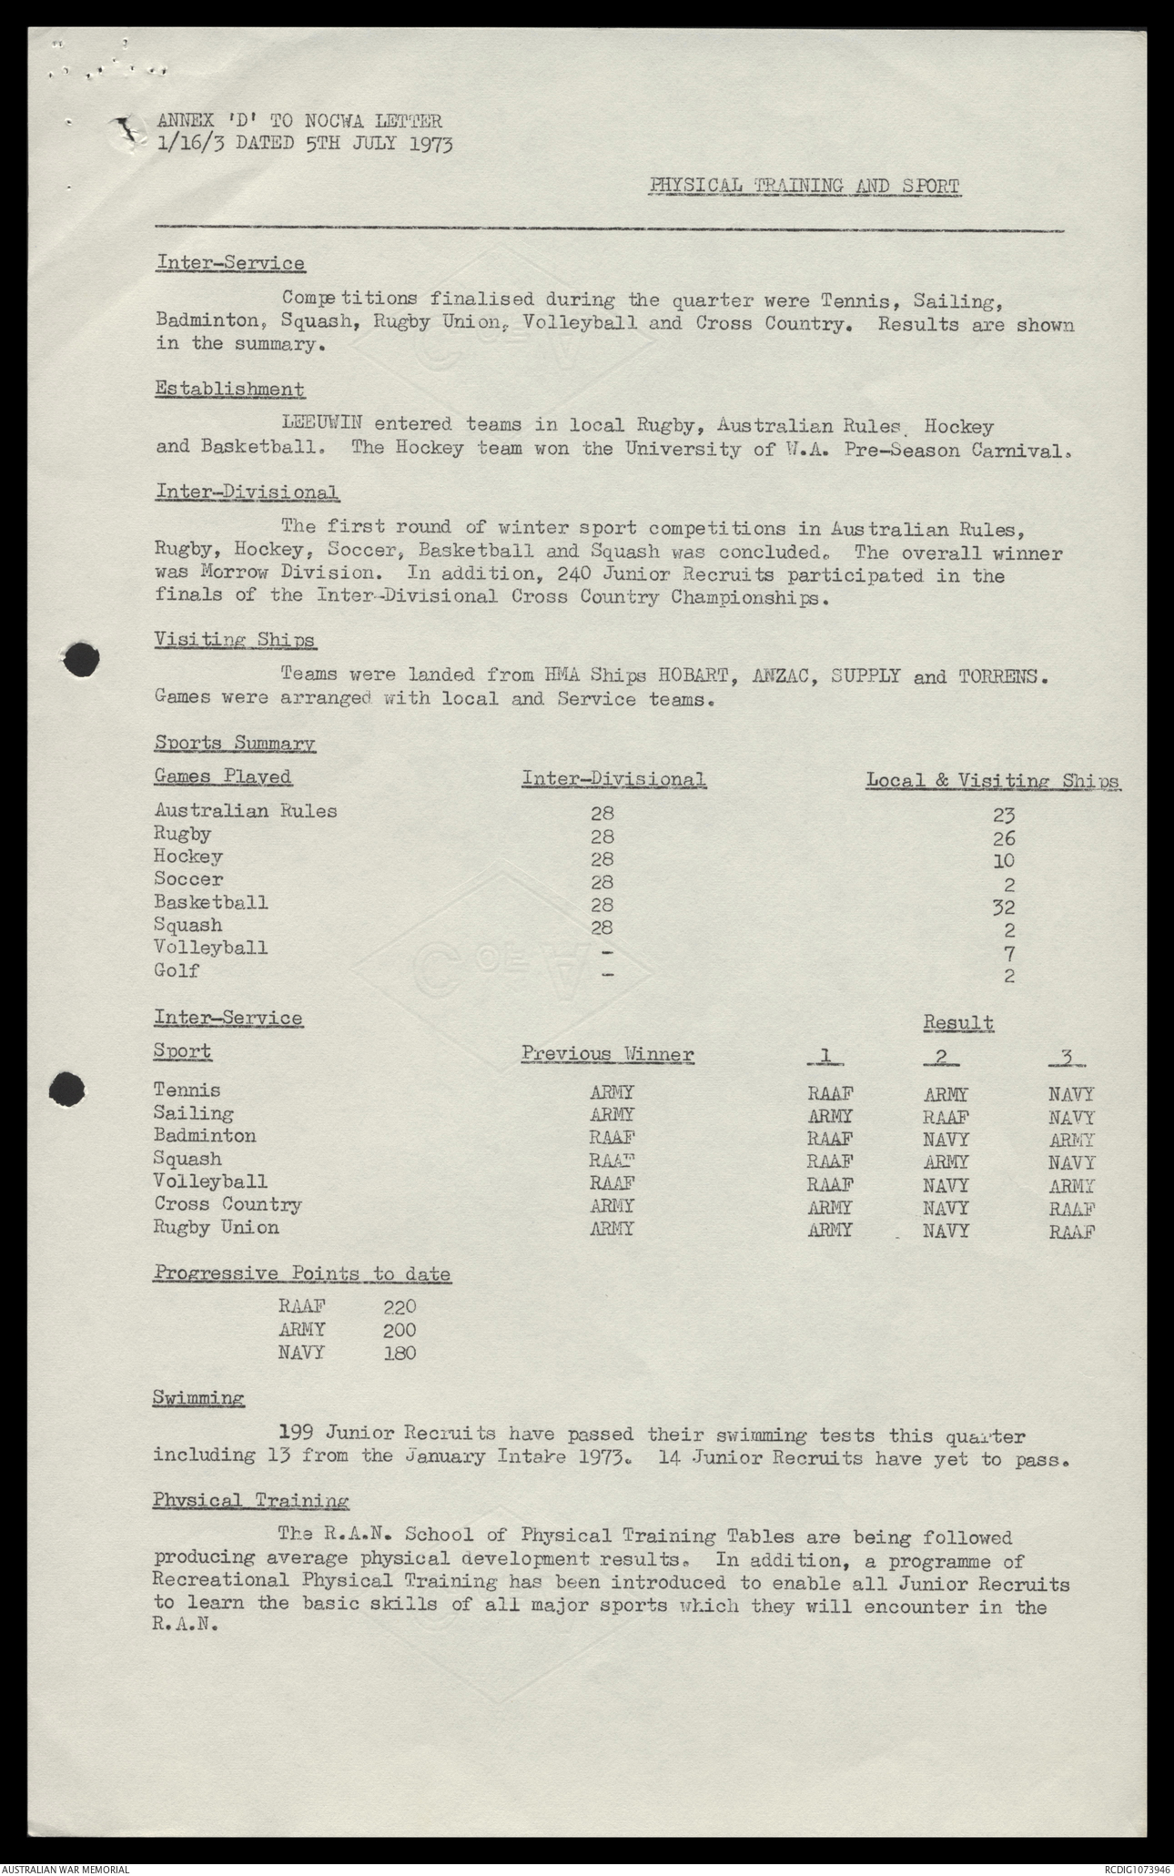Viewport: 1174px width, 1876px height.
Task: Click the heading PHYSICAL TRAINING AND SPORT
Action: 804,187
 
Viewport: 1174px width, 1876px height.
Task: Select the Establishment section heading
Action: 229,389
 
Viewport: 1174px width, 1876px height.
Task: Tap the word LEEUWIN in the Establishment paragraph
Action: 324,424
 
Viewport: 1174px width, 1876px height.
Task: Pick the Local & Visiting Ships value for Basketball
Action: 1004,907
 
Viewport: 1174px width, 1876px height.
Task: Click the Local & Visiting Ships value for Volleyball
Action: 1008,953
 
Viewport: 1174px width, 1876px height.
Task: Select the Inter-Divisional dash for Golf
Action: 608,975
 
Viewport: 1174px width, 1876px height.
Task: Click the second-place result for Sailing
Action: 946,1117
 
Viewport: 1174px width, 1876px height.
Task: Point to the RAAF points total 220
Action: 400,1307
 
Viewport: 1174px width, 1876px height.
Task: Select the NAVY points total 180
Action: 400,1353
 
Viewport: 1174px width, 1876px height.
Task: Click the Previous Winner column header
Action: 607,1054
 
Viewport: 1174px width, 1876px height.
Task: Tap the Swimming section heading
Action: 198,1397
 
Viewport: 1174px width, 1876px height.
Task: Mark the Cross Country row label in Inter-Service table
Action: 228,1204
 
